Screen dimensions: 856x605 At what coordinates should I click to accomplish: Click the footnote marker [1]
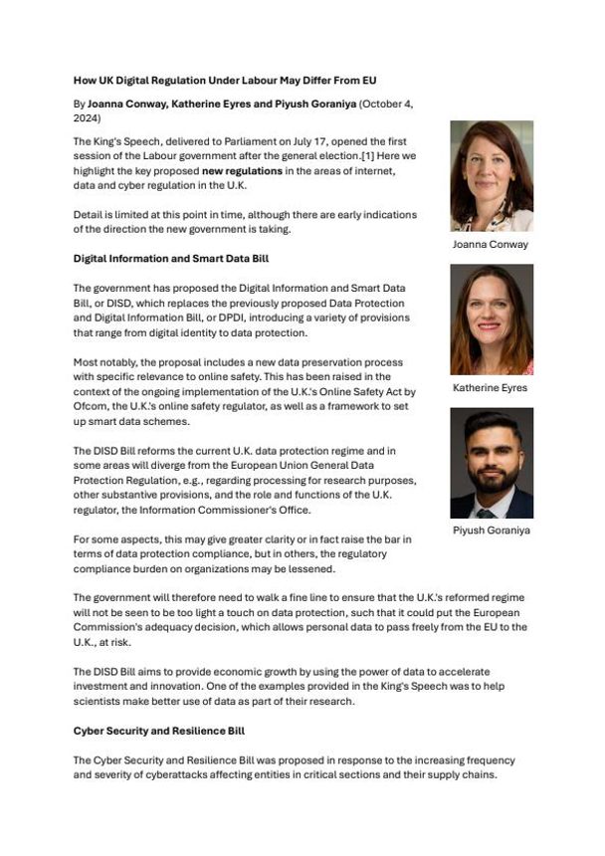pos(387,143)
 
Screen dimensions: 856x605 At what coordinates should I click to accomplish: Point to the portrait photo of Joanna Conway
pos(491,177)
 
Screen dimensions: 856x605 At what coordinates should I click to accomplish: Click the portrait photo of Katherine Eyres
pos(491,320)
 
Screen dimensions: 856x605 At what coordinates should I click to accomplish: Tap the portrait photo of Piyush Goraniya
pos(491,463)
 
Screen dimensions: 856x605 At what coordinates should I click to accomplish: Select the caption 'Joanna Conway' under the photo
pos(491,244)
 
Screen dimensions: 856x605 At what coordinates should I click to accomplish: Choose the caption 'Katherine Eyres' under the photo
pos(491,387)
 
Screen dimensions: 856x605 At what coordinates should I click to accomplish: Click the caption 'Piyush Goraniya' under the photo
pos(491,531)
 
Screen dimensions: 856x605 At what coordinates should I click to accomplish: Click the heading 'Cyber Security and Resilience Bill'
pos(159,731)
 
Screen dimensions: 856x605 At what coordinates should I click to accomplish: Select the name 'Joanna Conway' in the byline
pos(128,103)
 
